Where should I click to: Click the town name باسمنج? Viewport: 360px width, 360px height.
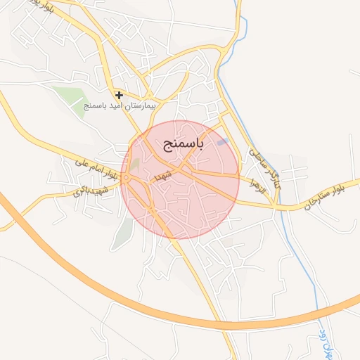183,145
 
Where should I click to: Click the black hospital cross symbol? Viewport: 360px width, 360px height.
120,94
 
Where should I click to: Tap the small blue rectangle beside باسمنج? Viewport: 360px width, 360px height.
223,142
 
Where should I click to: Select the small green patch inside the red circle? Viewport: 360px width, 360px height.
135,165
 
